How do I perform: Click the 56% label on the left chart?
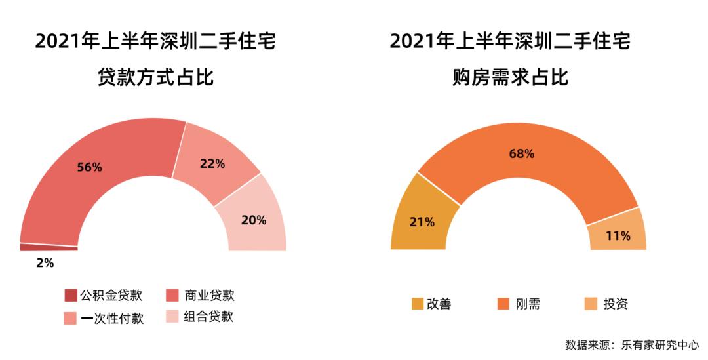coord(89,167)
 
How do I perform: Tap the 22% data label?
coord(212,164)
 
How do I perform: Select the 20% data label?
coord(254,220)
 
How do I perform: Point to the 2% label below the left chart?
coord(45,263)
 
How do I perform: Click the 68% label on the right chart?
coord(522,154)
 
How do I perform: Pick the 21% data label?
coord(422,222)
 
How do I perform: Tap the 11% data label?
coord(618,235)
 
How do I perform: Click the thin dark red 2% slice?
coord(49,247)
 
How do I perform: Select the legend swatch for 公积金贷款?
coord(70,295)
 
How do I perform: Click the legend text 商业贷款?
coord(209,295)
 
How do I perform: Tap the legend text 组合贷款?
coord(209,317)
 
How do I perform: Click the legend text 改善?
coord(439,304)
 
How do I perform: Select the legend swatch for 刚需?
coord(503,304)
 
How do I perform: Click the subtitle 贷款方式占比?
coord(155,79)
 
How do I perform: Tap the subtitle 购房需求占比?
coord(510,79)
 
